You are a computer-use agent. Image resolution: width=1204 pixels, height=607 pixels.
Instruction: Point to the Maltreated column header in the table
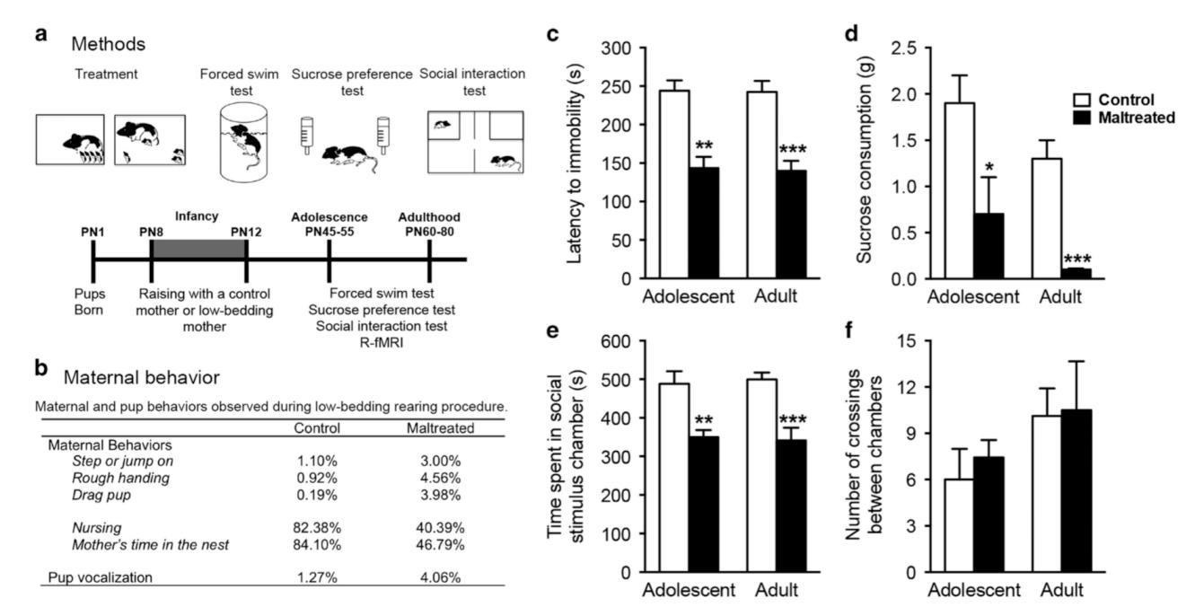coord(439,428)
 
